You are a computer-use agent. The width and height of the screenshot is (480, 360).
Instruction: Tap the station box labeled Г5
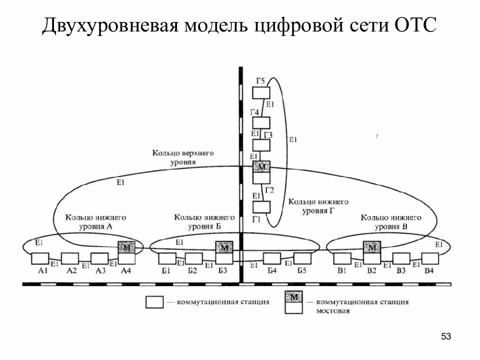[261, 93]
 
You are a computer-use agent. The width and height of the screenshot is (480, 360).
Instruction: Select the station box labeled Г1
[261, 207]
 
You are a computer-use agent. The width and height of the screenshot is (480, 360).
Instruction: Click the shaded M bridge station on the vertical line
[261, 167]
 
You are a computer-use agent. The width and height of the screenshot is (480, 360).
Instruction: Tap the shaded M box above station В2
[371, 247]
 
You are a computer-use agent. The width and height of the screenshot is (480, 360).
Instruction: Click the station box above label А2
[70, 258]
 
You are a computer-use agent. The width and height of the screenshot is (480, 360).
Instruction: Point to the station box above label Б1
[166, 258]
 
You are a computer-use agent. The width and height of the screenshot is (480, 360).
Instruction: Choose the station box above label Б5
[302, 258]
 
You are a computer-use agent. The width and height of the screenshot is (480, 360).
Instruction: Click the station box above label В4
[429, 258]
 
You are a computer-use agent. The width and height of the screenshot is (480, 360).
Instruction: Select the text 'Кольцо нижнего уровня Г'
[318, 206]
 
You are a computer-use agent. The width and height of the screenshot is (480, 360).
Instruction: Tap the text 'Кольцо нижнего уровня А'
[95, 222]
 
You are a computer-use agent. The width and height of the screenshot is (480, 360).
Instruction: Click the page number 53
[445, 336]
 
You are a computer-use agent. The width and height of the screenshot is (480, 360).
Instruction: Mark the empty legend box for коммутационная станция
[154, 302]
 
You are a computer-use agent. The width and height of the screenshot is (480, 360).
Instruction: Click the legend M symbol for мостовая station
[293, 297]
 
